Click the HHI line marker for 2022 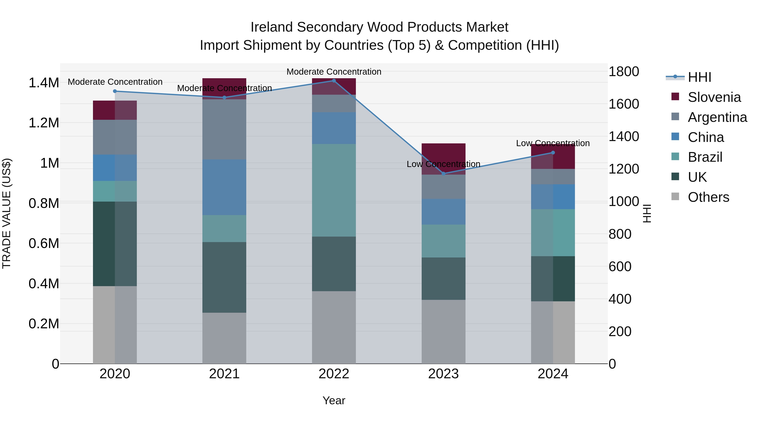(334, 81)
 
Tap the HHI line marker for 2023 (443, 174)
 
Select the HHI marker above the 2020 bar (115, 91)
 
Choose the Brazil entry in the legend (705, 157)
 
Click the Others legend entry (708, 197)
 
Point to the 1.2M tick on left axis (44, 123)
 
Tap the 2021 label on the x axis (224, 374)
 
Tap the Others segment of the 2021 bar (224, 338)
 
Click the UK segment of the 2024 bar (553, 279)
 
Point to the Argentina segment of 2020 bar (115, 137)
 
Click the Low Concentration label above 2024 (553, 143)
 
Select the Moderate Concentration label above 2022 (334, 72)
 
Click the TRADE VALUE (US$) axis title (7, 213)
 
